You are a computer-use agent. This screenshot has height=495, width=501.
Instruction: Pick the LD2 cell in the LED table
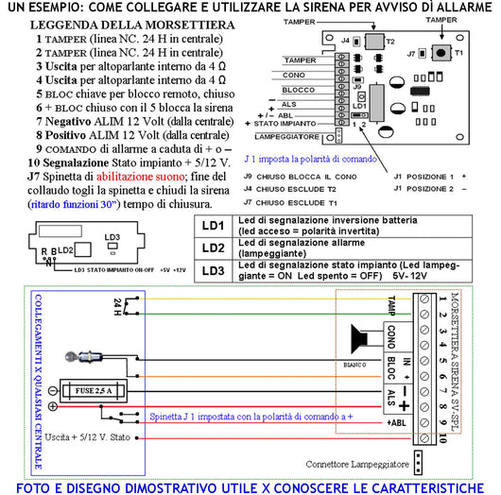coord(215,248)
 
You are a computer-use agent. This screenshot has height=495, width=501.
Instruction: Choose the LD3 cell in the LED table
coord(215,270)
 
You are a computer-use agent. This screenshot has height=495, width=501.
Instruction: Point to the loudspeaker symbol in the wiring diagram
coord(357,338)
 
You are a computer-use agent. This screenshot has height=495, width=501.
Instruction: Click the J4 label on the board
coord(345,41)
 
